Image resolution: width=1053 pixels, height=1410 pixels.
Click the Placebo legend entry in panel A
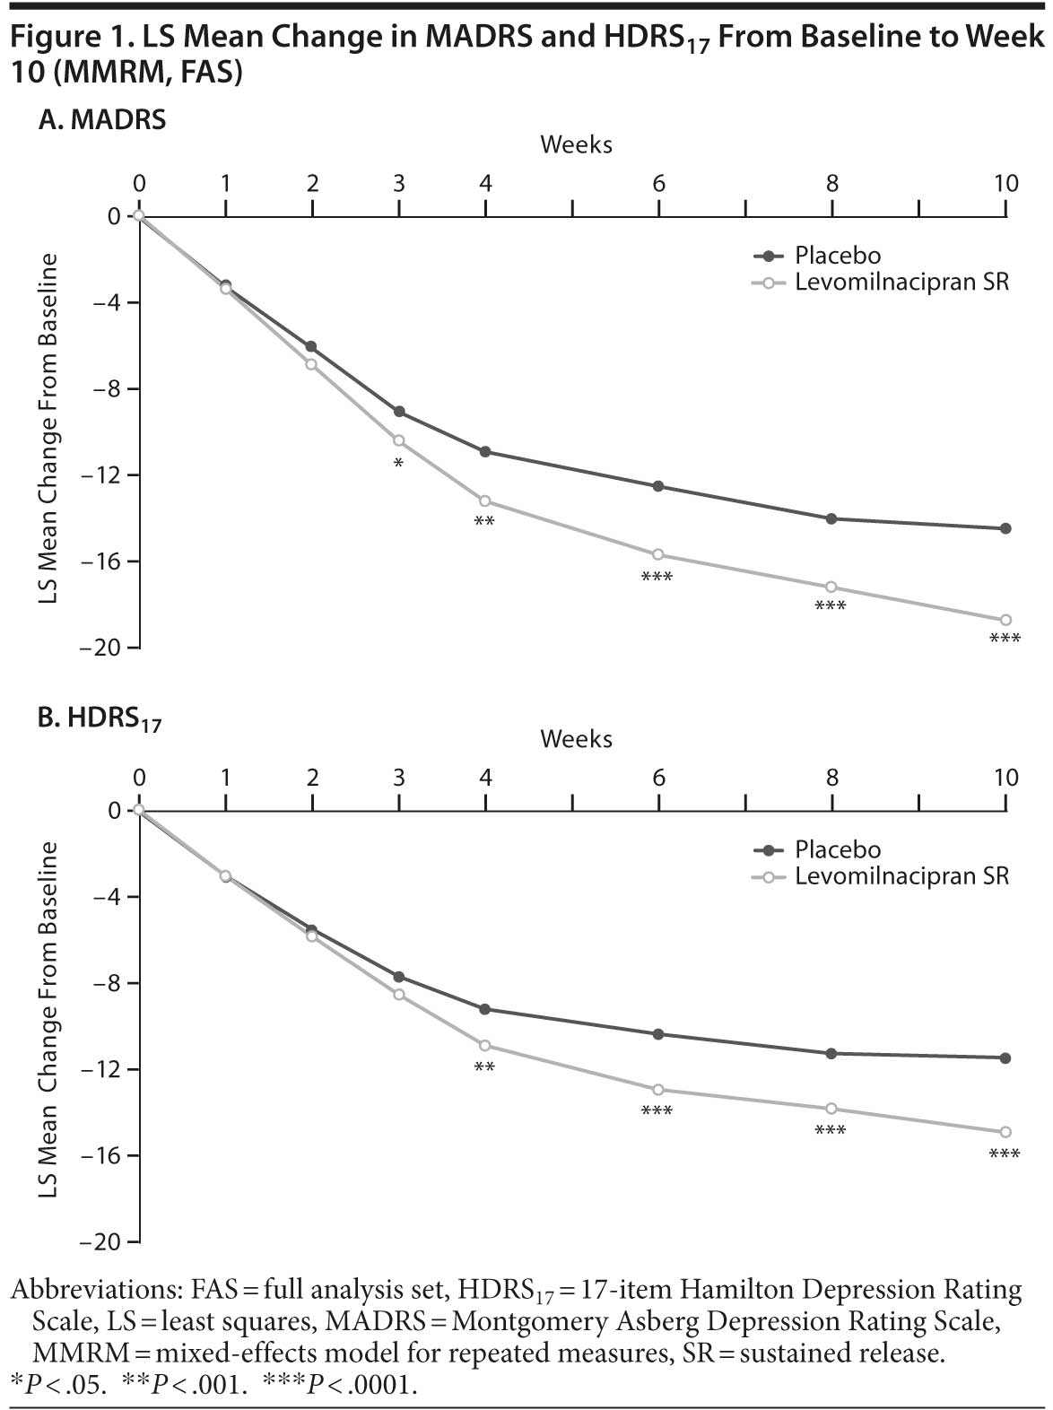(837, 256)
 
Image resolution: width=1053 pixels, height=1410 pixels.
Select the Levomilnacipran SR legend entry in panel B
(901, 875)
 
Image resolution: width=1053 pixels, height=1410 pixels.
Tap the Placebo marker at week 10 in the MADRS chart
(1005, 528)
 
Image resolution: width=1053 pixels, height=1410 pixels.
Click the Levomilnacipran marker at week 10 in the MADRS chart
(1005, 620)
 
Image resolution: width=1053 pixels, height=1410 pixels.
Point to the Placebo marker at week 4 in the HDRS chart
(485, 1009)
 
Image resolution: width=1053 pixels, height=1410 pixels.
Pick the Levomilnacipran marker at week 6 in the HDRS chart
(658, 1090)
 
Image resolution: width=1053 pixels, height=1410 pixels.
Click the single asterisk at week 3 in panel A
(398, 464)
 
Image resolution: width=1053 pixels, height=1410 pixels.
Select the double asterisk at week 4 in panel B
(484, 1067)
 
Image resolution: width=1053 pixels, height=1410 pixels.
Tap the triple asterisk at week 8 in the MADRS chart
(831, 607)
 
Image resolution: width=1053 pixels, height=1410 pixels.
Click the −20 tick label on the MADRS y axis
(100, 648)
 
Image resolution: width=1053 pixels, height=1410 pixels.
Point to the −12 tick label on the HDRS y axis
(100, 1069)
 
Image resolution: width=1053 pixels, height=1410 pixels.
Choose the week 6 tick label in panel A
(659, 183)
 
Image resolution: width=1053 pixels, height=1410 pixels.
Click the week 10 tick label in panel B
(1006, 777)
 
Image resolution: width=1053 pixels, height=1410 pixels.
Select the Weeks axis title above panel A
(576, 144)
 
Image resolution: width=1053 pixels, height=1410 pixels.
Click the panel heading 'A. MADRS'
(101, 120)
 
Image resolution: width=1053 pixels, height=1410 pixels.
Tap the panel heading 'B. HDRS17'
(100, 718)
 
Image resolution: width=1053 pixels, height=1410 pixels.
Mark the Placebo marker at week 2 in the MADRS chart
(311, 346)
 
